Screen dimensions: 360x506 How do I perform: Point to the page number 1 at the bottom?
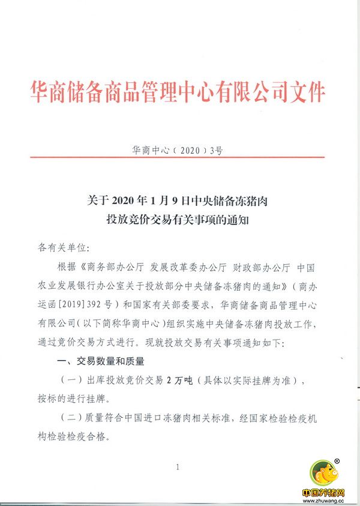pos(178,467)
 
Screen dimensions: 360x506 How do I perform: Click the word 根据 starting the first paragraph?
pos(64,267)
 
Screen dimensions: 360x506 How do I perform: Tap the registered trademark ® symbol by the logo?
pos(338,461)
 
